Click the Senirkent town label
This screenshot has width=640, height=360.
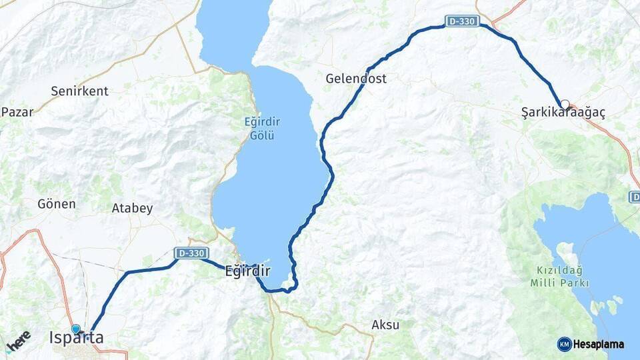(x=79, y=91)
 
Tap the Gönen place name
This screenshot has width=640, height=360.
(x=57, y=204)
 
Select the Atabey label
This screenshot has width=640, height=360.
(x=132, y=208)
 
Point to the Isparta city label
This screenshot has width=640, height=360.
(x=77, y=338)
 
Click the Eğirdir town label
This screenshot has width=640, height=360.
(x=247, y=271)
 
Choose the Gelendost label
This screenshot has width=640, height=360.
(x=356, y=79)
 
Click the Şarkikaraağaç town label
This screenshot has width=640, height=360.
(x=563, y=114)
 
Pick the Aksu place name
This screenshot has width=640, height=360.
(x=385, y=325)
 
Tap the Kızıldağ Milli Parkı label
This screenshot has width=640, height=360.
(x=560, y=276)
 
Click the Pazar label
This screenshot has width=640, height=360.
(x=17, y=111)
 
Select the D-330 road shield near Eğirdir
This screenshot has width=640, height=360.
(x=191, y=253)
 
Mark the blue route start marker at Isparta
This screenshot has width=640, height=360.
(x=76, y=329)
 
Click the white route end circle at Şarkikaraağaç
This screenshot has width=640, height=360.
(x=565, y=104)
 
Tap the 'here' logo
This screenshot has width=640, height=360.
(x=18, y=340)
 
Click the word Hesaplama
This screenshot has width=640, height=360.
(x=599, y=344)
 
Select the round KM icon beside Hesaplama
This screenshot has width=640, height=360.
(x=565, y=344)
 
